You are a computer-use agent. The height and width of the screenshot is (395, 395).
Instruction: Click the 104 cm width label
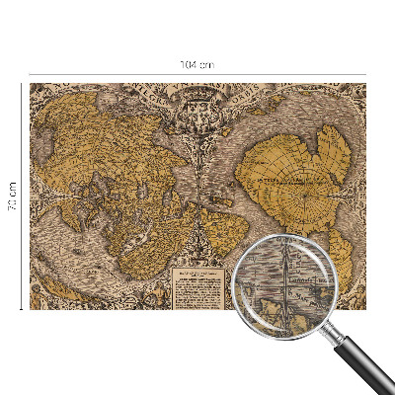197,64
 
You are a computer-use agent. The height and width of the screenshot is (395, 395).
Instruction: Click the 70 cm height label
13,196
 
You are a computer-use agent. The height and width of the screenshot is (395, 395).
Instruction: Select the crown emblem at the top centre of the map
197,96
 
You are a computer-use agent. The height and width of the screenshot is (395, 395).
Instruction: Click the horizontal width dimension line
118,73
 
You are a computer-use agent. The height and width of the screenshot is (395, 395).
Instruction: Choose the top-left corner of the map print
31,84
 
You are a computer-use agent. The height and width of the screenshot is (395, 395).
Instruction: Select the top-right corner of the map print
364,84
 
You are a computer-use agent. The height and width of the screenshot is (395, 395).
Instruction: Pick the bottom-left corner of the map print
31,309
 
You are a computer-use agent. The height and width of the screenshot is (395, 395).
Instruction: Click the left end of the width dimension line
30,73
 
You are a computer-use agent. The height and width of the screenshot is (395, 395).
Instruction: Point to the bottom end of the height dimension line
21,309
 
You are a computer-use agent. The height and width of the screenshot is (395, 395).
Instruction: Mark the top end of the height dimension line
21,84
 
